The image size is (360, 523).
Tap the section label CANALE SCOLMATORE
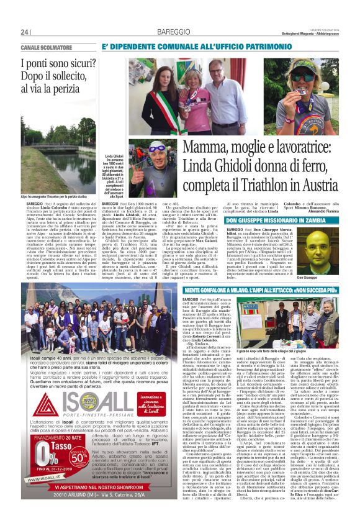pyautogui.click(x=47, y=48)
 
